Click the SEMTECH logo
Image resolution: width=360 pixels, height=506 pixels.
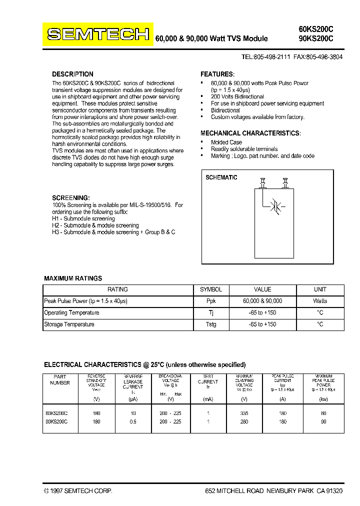click(98, 34)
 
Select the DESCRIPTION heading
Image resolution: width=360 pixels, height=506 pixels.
click(72, 74)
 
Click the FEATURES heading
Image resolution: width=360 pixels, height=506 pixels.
click(217, 74)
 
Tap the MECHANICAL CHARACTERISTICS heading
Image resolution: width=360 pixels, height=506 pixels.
click(250, 133)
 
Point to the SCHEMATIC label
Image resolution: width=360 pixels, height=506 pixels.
click(221, 177)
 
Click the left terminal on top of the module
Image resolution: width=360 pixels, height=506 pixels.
click(262, 183)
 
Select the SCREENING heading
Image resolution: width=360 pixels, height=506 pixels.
click(71, 197)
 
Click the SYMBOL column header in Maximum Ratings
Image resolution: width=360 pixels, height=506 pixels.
click(210, 289)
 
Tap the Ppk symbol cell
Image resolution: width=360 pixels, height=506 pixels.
click(210, 301)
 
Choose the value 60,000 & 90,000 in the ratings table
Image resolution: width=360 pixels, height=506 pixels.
click(262, 301)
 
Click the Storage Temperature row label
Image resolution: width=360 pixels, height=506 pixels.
click(69, 324)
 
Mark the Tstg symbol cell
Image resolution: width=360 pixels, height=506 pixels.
click(210, 324)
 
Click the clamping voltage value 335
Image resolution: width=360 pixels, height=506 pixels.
click(244, 413)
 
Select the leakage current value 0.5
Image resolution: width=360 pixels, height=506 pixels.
click(133, 421)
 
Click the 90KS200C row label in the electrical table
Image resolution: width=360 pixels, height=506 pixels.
click(56, 421)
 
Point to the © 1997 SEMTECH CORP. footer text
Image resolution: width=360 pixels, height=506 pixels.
click(78, 491)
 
